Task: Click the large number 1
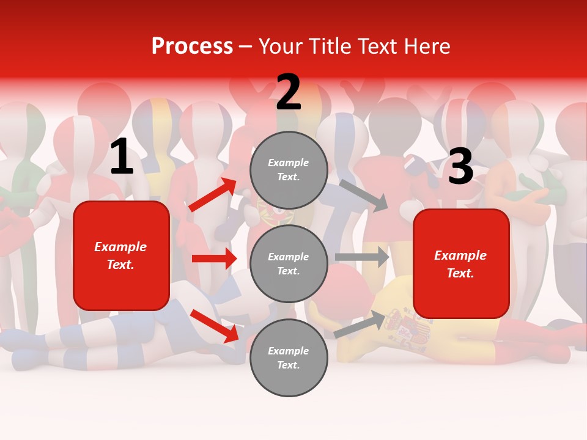(122, 157)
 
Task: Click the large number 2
(289, 93)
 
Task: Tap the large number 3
(460, 166)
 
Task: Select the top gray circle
(289, 170)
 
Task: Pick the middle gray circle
(289, 264)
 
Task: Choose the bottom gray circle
(289, 358)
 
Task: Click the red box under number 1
(121, 255)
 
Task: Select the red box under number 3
(461, 264)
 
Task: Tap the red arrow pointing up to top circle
(213, 195)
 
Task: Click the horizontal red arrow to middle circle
(214, 258)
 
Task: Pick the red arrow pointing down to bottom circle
(214, 326)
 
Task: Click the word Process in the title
(192, 46)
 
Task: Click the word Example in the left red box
(120, 247)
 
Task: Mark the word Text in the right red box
(460, 273)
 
